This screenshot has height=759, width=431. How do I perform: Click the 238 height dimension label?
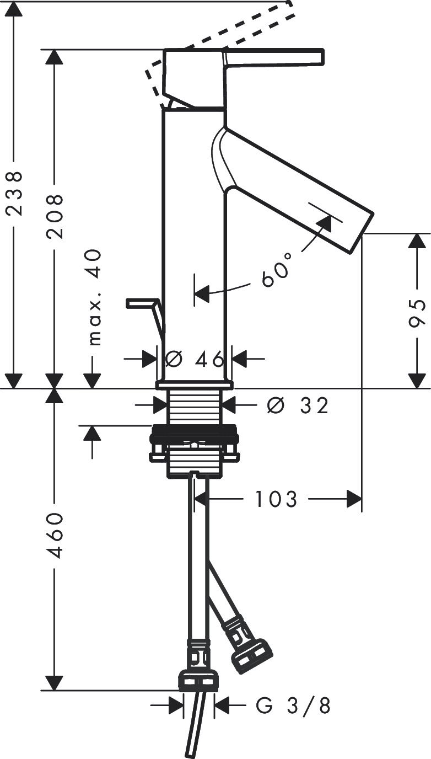14,193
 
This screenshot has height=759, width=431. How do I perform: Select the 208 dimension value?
55,216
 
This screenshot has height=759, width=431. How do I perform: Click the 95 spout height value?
417,315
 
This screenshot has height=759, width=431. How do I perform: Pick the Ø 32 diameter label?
297,405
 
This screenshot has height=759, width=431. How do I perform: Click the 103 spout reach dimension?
276,500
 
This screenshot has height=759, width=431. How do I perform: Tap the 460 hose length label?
55,534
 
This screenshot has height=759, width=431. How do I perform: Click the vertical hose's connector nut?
198,681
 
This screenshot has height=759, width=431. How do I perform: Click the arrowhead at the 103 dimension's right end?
354,500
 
